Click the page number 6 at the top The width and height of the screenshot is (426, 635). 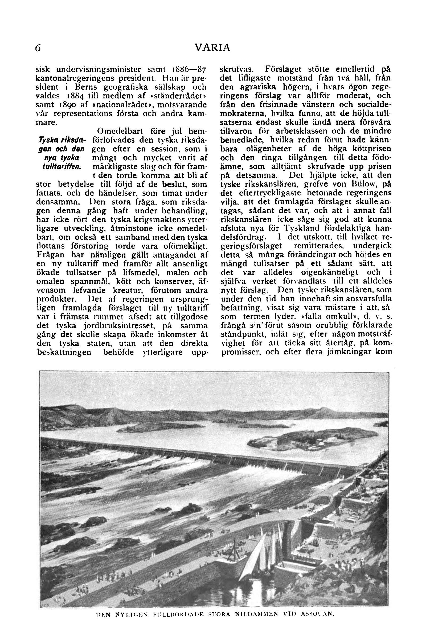click(x=38, y=48)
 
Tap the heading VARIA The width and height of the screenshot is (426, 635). click(x=213, y=48)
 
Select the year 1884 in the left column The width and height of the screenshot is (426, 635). click(x=76, y=96)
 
